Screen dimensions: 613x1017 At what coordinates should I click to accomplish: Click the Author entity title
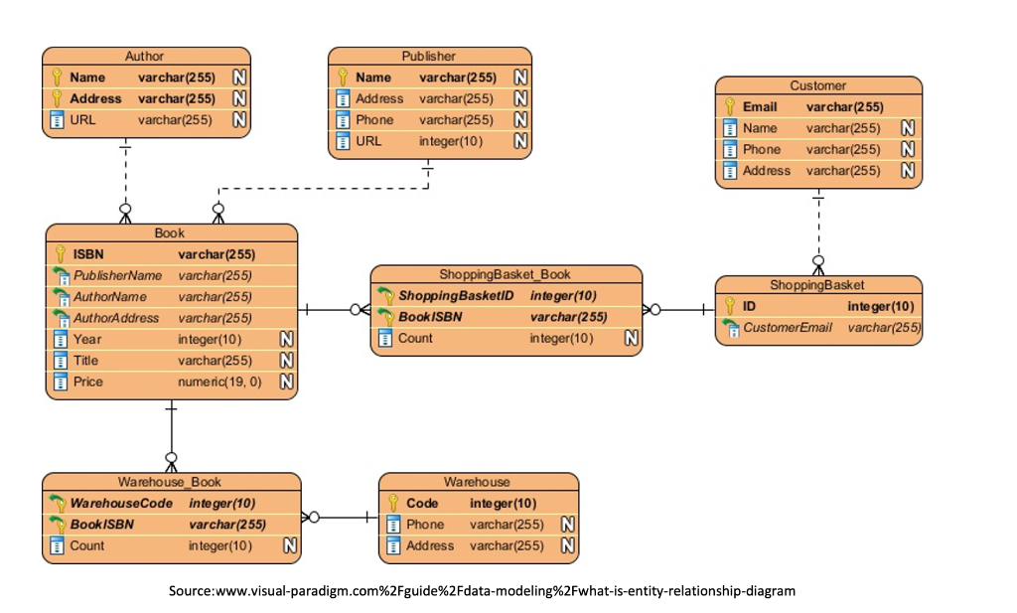click(x=145, y=56)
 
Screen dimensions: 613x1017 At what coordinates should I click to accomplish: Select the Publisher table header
click(x=429, y=56)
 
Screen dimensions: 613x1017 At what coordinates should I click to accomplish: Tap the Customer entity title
click(x=818, y=85)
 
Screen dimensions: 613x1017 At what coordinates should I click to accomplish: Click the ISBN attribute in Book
click(x=88, y=254)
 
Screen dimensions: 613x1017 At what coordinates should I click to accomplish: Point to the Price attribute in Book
click(x=87, y=382)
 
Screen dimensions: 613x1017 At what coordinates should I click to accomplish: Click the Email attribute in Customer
click(x=760, y=107)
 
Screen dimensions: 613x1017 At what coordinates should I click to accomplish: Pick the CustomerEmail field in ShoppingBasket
click(x=787, y=327)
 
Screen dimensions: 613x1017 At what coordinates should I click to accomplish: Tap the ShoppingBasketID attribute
click(x=456, y=295)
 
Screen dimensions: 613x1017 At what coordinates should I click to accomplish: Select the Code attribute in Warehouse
click(x=422, y=503)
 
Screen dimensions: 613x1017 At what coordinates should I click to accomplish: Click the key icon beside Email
click(x=730, y=107)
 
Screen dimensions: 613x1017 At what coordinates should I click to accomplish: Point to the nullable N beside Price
click(x=286, y=382)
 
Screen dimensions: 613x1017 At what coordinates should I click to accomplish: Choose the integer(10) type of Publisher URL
click(x=451, y=141)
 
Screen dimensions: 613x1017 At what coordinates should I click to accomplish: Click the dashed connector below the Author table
click(x=125, y=179)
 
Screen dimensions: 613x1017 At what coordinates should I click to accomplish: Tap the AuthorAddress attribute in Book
click(x=116, y=318)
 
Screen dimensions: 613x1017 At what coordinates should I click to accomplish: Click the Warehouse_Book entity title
click(x=170, y=482)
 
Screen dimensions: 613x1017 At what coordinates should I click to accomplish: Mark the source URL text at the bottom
click(x=482, y=591)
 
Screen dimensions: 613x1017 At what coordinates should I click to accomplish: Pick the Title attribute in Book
click(x=86, y=361)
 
